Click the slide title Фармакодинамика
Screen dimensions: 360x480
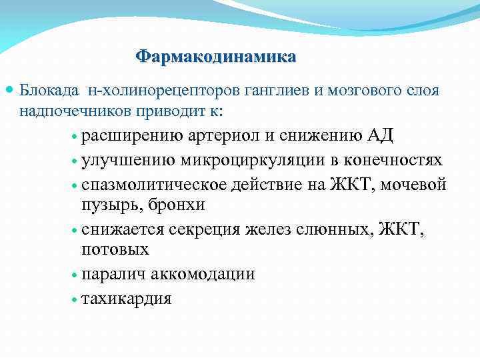pos(215,56)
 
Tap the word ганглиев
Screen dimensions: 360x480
pos(251,90)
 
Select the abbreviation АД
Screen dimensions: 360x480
pos(380,136)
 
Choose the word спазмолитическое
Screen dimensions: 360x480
pos(155,184)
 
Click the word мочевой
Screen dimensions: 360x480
pos(414,184)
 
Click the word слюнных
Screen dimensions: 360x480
pos(339,230)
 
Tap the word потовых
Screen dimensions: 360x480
pos(115,250)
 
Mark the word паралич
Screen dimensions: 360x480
pos(113,274)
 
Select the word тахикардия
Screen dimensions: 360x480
pos(126,298)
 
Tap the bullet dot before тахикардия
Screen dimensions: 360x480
pos(75,299)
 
